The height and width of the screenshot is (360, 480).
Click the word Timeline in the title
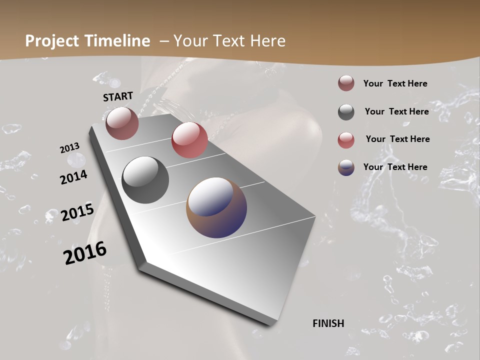click(118, 41)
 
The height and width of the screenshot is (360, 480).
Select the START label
click(118, 96)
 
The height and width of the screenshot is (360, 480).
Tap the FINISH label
click(328, 323)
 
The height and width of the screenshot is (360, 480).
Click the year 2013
click(69, 148)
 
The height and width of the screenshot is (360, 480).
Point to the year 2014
click(73, 177)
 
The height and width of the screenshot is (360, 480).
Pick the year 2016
click(85, 253)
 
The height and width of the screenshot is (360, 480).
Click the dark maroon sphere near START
click(122, 123)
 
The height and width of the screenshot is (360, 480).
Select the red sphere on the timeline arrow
click(189, 140)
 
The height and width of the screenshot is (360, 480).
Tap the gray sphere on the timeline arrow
click(145, 180)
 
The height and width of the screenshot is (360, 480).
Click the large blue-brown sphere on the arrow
click(216, 207)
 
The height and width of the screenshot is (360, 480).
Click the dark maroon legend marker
click(346, 83)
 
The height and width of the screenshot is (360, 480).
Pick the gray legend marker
click(346, 112)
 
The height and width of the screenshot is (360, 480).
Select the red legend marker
click(346, 140)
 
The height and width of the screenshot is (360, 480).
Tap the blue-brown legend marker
click(346, 167)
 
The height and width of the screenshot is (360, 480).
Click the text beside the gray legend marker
click(396, 111)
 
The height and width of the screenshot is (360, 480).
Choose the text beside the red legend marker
click(397, 139)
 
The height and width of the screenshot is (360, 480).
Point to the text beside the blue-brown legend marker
click(395, 167)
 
